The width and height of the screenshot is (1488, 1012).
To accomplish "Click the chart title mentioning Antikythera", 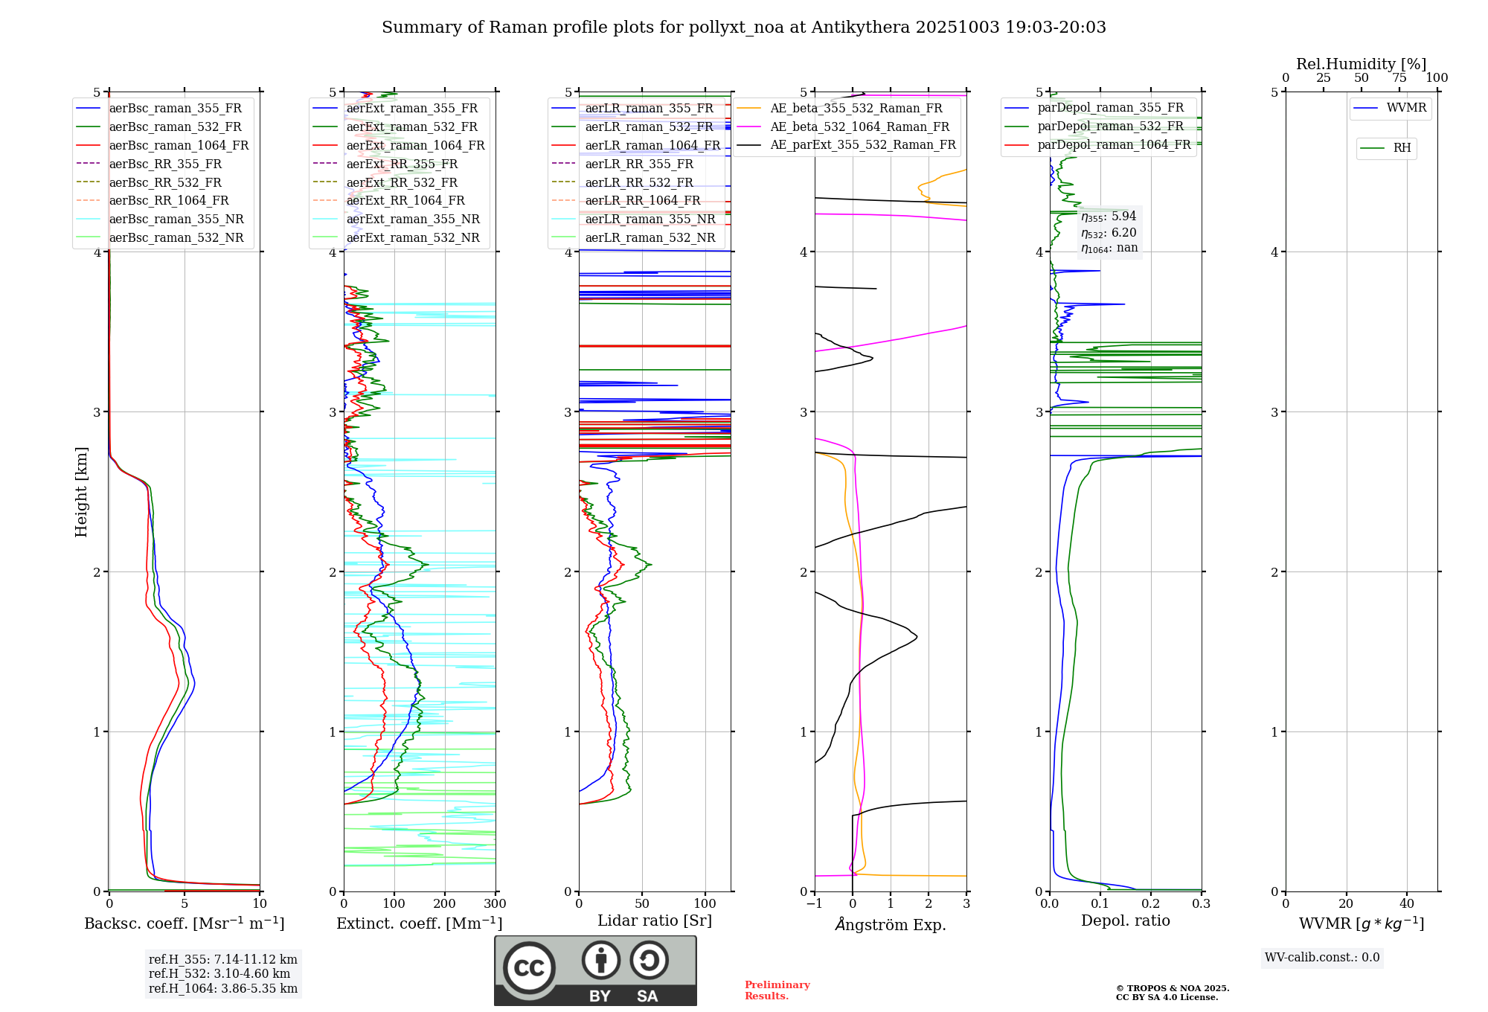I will (743, 28).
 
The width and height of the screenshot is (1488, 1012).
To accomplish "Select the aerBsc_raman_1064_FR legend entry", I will (179, 145).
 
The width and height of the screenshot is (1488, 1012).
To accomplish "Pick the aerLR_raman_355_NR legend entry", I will (650, 219).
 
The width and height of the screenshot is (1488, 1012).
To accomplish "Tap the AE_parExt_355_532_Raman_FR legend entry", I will (862, 144).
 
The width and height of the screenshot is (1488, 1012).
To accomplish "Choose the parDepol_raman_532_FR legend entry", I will (1110, 126).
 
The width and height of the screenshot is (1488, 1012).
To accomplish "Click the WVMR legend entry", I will (1406, 108).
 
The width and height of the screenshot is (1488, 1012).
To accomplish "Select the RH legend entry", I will (1402, 148).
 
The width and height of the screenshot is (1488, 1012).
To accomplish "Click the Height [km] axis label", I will (81, 492).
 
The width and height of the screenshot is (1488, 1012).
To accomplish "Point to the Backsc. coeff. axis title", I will (185, 923).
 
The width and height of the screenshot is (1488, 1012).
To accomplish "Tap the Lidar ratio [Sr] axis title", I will (655, 920).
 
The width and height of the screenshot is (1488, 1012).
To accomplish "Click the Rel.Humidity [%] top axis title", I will (1361, 64).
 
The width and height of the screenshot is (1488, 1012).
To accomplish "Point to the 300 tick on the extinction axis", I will (495, 904).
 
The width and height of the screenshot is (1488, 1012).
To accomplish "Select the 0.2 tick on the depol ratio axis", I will (1151, 904).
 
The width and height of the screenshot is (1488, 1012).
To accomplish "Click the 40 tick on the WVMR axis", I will (1407, 904).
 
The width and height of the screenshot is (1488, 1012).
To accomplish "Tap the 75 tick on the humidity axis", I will (1399, 78).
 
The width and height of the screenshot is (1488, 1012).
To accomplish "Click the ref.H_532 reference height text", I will (219, 974).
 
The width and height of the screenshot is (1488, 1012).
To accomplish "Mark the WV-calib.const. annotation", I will (1322, 958).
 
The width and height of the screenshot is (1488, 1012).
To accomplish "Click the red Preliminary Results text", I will (777, 990).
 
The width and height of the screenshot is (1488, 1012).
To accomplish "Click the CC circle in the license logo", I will (529, 968).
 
